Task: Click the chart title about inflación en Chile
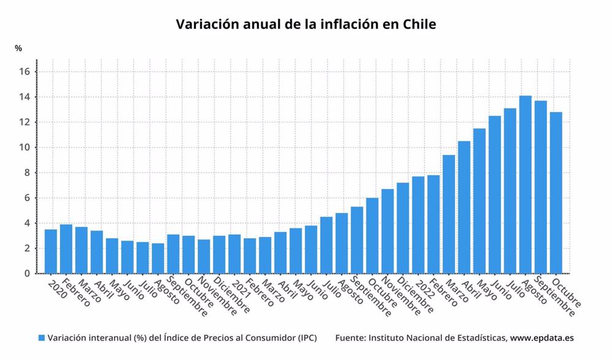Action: pos(306,24)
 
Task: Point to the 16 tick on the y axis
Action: pos(24,72)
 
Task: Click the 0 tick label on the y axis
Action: pos(27,274)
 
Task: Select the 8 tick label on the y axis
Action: pos(27,173)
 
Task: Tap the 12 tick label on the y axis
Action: pos(24,122)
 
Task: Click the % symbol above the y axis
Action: pos(19,48)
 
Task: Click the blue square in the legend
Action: pos(42,338)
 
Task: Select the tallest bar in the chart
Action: pos(525,184)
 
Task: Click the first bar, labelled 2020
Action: pos(51,251)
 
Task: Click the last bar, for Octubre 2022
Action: pos(556,192)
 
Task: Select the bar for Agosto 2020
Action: pos(158,258)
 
